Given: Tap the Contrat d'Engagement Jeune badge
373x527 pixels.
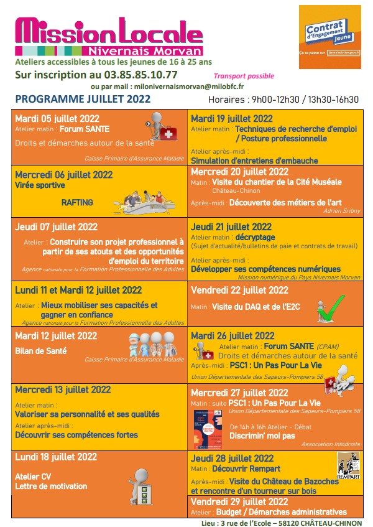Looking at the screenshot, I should pyautogui.click(x=329, y=32).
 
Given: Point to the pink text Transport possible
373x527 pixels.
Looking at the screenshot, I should pyautogui.click(x=243, y=77).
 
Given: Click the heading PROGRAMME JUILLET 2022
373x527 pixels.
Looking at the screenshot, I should pyautogui.click(x=83, y=99).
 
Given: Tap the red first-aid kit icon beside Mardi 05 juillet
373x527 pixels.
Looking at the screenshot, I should pyautogui.click(x=167, y=133).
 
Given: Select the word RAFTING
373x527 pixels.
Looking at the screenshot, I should pyautogui.click(x=77, y=203).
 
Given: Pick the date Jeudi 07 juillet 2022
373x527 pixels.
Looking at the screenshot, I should pyautogui.click(x=56, y=227).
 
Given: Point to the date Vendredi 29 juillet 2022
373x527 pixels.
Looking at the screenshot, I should pyautogui.click(x=239, y=501).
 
